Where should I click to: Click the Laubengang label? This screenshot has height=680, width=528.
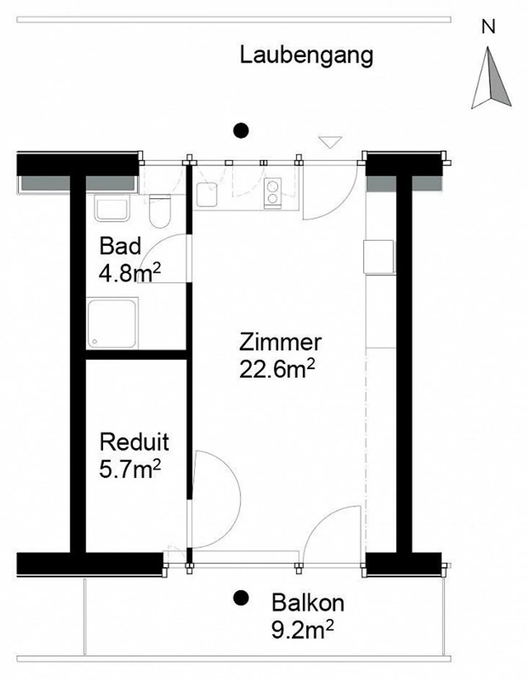tap(306, 56)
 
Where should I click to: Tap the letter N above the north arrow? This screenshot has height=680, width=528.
tap(488, 27)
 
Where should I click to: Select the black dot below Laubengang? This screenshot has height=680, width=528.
tap(241, 130)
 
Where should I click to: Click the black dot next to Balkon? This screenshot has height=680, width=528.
tap(241, 598)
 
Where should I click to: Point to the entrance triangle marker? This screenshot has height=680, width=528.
tap(330, 141)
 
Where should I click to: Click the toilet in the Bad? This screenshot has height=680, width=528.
tap(160, 212)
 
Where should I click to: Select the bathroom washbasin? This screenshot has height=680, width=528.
tap(112, 208)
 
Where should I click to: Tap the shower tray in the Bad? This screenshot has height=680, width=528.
tap(112, 323)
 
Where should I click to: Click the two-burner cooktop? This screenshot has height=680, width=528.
tap(273, 194)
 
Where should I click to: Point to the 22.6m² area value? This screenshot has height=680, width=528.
tap(277, 370)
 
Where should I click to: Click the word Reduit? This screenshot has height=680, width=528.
tap(134, 442)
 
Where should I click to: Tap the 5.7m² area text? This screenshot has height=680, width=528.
tap(130, 470)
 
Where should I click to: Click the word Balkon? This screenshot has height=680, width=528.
tap(308, 603)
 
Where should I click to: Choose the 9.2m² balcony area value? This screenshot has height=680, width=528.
tap(303, 630)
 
